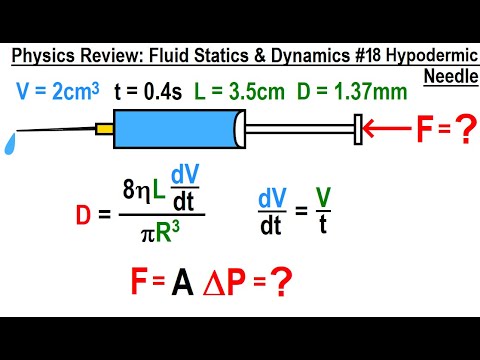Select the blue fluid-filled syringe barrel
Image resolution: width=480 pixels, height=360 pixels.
coord(176,127)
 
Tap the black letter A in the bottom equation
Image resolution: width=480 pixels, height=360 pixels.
coord(185,286)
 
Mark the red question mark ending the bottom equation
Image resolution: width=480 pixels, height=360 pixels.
coord(286,286)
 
